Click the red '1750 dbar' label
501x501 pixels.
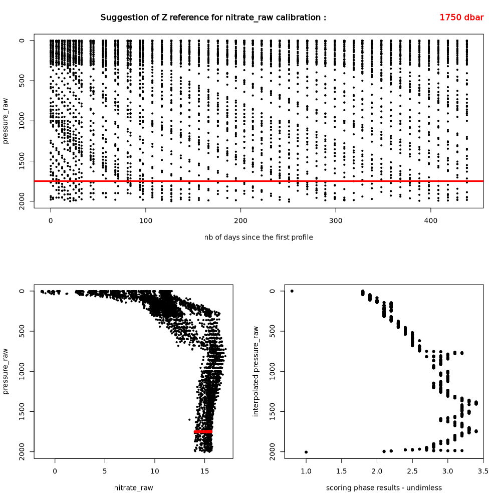(461, 18)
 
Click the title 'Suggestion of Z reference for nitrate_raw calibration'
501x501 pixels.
(213, 18)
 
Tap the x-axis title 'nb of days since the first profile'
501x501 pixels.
(258, 237)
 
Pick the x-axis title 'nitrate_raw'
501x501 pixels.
(134, 487)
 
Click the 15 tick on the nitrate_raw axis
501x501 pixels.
(204, 471)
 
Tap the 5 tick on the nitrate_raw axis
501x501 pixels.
(105, 471)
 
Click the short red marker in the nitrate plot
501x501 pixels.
(203, 431)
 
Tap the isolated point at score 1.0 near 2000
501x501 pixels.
(306, 452)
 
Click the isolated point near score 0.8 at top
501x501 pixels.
(292, 291)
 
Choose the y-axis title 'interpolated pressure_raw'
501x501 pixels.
(256, 371)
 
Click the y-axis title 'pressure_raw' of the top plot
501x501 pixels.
(6, 120)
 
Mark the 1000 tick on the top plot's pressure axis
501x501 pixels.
(22, 121)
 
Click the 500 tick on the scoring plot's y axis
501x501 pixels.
(272, 331)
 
